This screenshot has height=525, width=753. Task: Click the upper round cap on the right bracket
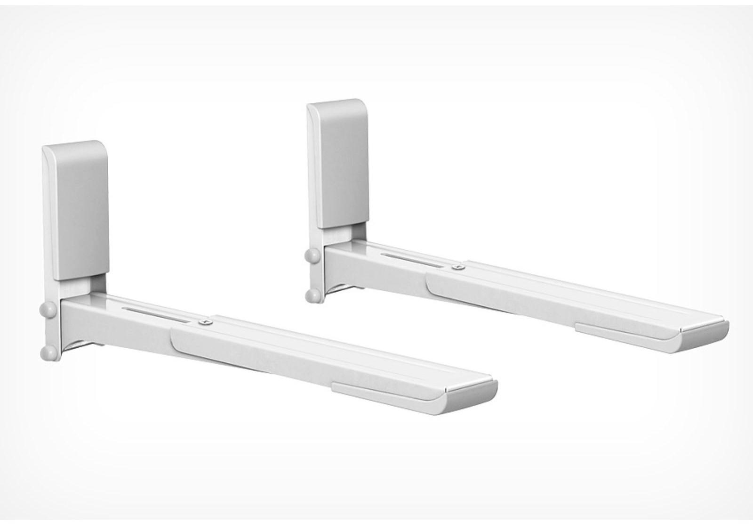coord(311,256)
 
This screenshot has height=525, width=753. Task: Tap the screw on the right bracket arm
coord(456,268)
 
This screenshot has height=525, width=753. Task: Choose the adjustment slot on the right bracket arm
coord(412,260)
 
